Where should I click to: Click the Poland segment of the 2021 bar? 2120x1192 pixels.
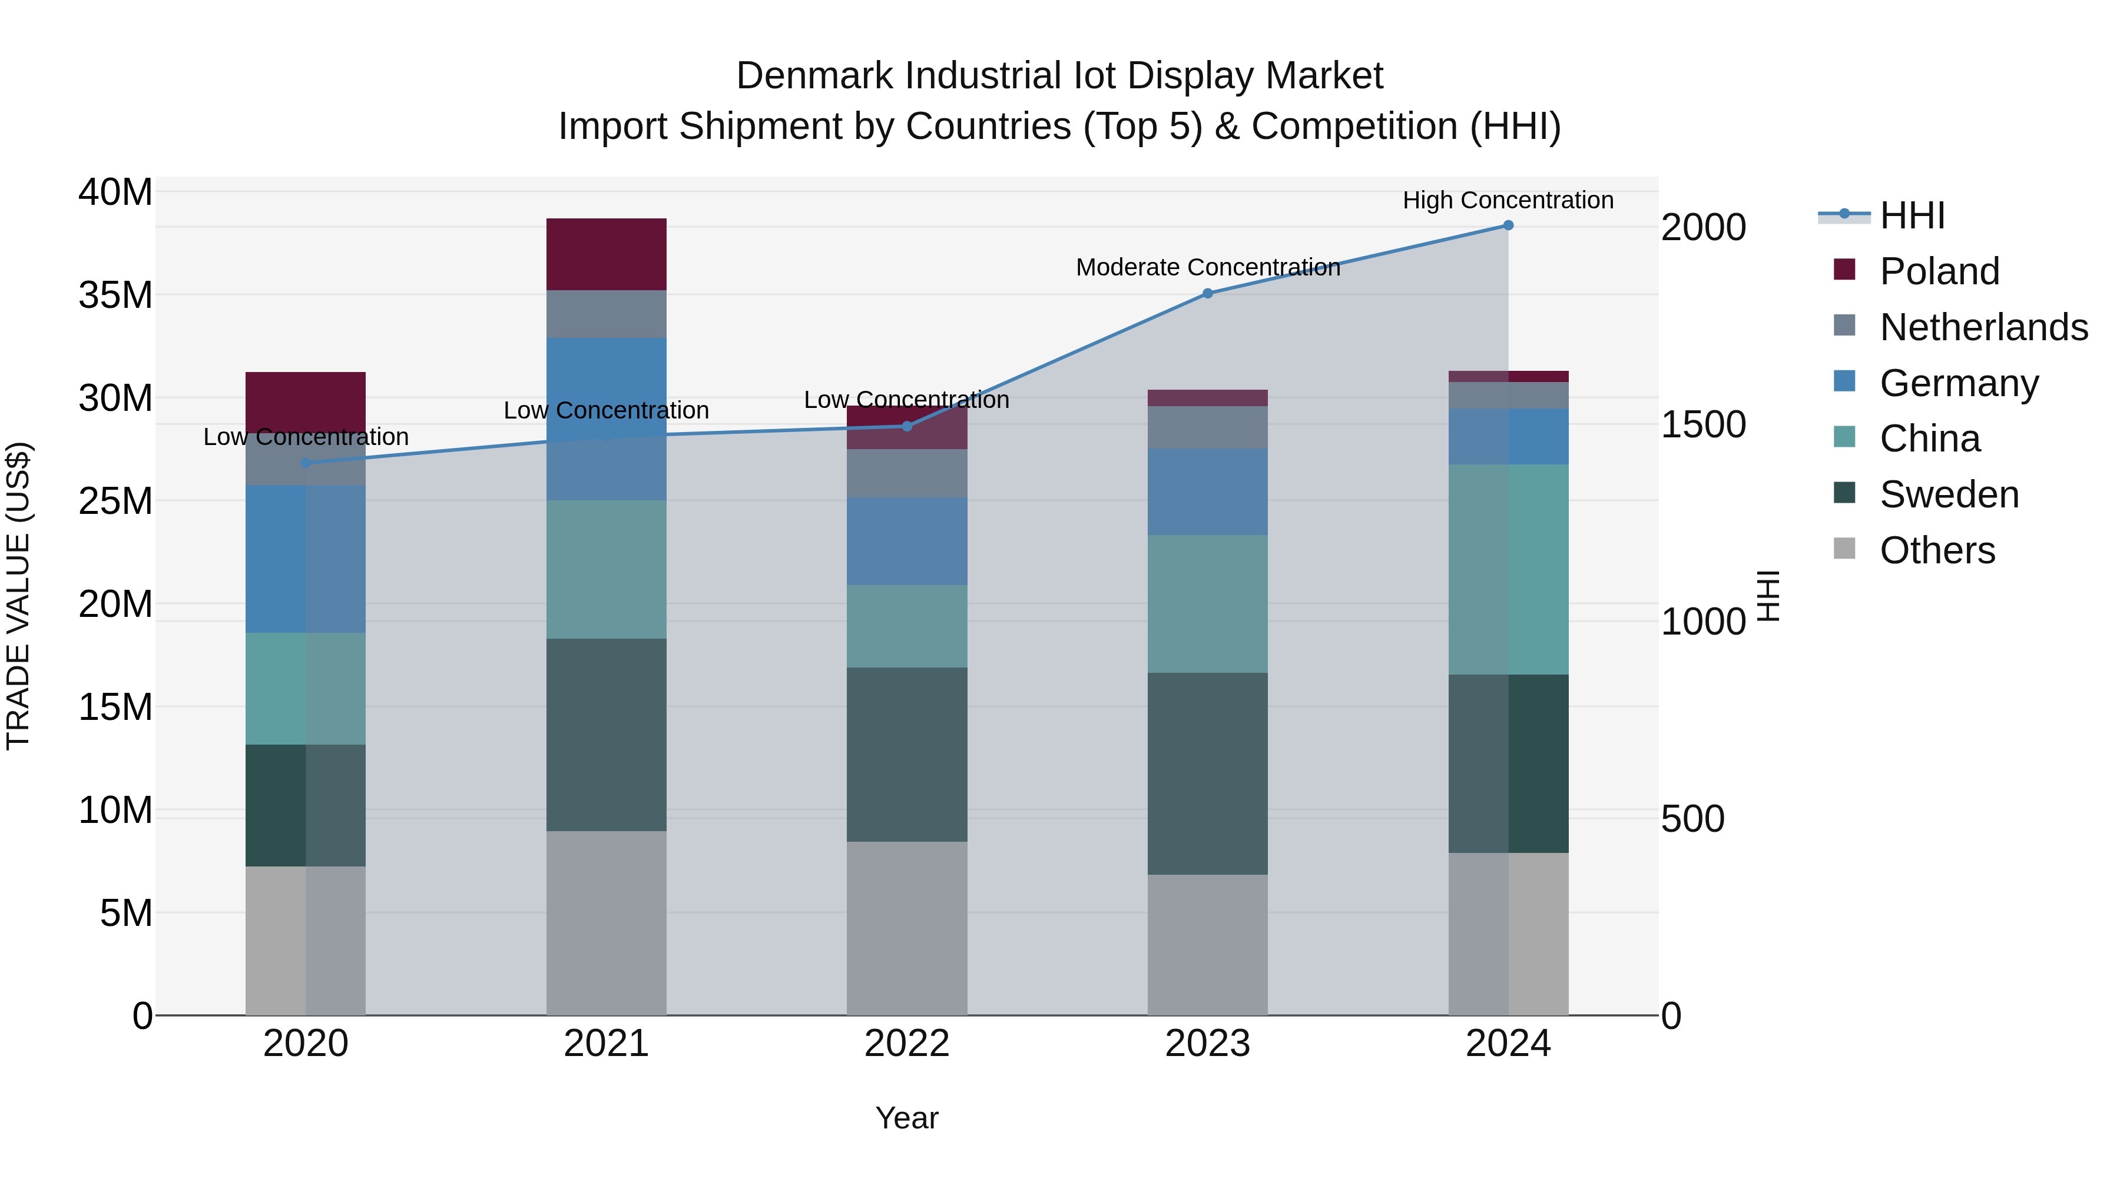[607, 254]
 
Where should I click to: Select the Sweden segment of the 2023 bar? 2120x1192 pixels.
[1207, 773]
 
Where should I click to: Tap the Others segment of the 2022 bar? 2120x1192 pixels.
[907, 928]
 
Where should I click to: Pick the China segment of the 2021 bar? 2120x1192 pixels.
[607, 569]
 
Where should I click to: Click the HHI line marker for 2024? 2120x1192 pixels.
[1508, 225]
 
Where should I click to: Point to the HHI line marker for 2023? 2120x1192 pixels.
[1207, 294]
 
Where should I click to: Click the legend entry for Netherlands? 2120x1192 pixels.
[1983, 327]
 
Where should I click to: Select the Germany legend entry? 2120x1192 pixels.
[1959, 383]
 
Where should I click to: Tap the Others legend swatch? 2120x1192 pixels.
[1845, 549]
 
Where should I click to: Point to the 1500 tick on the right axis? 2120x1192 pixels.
[1702, 424]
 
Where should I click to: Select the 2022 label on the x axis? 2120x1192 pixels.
[907, 1044]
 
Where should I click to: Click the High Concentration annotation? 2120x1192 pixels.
[1508, 200]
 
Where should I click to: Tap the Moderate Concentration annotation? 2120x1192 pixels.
[1207, 267]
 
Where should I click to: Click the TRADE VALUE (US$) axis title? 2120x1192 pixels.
[18, 596]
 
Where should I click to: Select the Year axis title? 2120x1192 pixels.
[907, 1118]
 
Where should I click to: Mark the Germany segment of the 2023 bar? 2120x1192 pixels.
[1207, 492]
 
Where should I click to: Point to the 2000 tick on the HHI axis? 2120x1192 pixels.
[1702, 228]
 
